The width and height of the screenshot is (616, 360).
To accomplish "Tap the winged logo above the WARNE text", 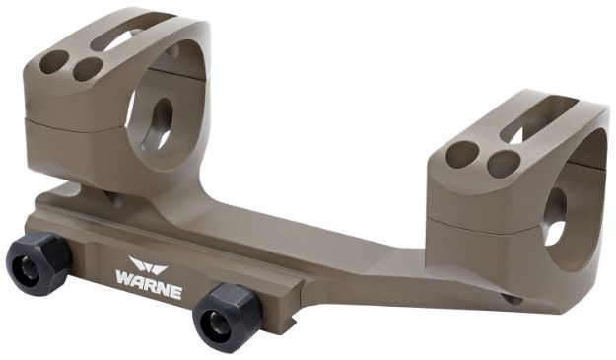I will click(x=149, y=262).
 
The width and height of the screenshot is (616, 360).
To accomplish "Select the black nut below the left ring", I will click(x=38, y=261).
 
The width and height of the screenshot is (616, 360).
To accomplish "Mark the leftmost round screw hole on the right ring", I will click(x=460, y=154).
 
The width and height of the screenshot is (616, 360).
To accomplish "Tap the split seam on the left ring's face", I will click(x=74, y=121).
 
